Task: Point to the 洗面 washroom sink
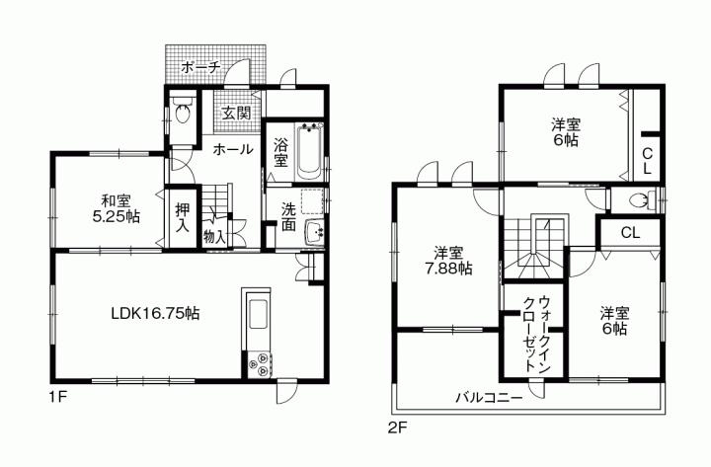coord(316,233)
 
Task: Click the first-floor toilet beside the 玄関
coord(183,113)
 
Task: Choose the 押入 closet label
coord(184,217)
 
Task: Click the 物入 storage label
coord(214,236)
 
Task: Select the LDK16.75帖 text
coord(156,313)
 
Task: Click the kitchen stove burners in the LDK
coord(262,364)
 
